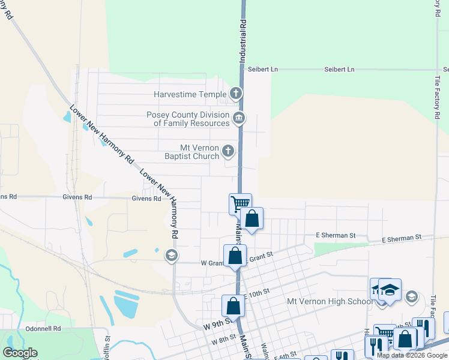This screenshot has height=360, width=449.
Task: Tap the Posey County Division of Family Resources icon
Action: (x=239, y=117)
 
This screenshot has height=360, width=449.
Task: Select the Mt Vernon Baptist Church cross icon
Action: (x=229, y=151)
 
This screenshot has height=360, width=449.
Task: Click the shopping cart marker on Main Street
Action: (x=240, y=203)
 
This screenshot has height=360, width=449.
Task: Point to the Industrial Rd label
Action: (x=243, y=41)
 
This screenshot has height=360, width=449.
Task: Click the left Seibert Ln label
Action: (x=263, y=70)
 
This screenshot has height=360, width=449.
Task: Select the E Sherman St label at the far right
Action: (x=402, y=239)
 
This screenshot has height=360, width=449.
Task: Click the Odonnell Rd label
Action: (x=43, y=329)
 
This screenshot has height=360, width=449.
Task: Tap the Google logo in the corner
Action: (x=20, y=353)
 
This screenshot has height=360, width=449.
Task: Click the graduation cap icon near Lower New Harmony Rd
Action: (x=171, y=256)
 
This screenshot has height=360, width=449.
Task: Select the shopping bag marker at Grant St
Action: (x=235, y=256)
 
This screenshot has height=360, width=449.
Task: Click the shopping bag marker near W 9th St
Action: (x=233, y=305)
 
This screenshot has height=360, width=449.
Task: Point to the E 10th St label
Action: (x=256, y=294)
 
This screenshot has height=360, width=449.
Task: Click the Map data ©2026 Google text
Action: (x=411, y=355)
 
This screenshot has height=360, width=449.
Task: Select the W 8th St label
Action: (x=224, y=340)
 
